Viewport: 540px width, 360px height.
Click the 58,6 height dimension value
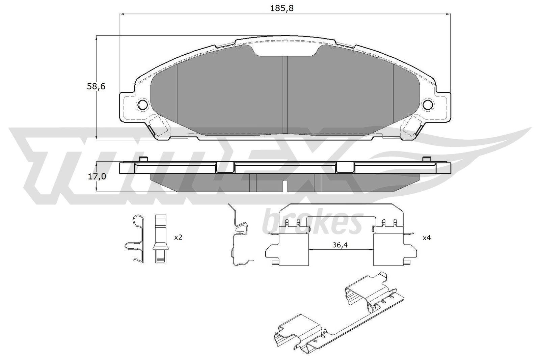[96, 86]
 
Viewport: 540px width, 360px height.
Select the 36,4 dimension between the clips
[340, 245]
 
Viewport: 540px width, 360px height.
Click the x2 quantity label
[178, 238]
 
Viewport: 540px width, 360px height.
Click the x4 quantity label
[427, 238]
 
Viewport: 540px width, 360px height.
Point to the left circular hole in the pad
[142, 105]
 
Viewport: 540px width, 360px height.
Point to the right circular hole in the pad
[428, 105]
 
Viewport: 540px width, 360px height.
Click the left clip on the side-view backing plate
[225, 167]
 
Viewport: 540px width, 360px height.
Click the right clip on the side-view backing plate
[345, 167]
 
